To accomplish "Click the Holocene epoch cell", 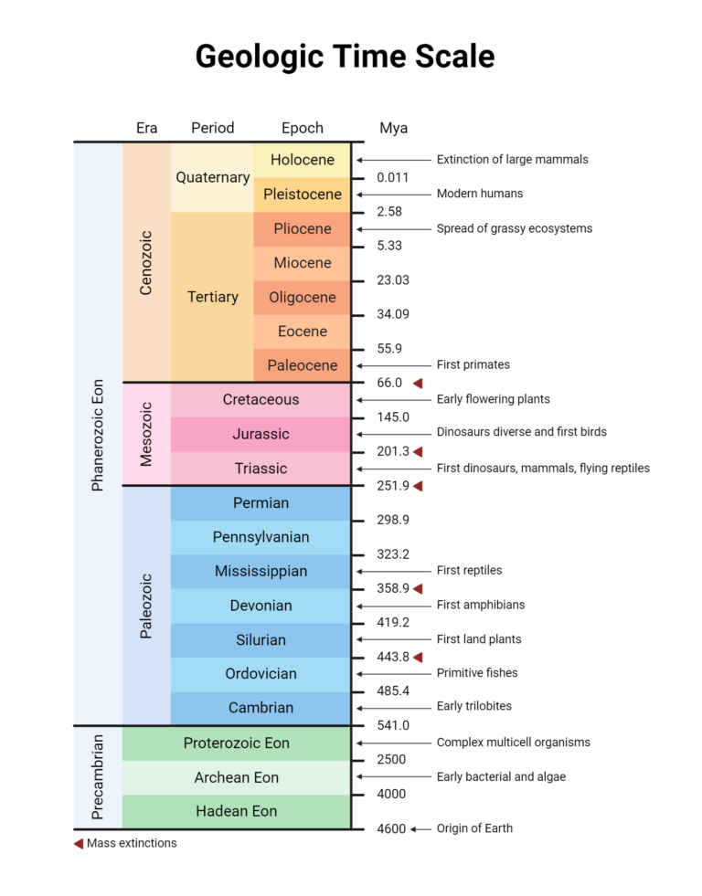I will (303, 160).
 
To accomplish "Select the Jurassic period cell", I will (261, 434).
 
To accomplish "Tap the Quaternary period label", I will (212, 177).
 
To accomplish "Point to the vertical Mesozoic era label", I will (146, 434).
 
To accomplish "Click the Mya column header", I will (393, 128).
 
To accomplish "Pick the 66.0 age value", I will (389, 383).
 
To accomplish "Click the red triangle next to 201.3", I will (418, 452).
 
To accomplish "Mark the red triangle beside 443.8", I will (418, 658).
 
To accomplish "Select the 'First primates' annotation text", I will (473, 364).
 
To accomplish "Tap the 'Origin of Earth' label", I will (474, 828).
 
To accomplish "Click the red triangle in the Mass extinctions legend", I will (79, 843).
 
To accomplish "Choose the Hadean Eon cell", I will (236, 811).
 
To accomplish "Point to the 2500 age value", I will (391, 760).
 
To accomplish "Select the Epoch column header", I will (303, 128).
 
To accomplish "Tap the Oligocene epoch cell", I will (303, 297).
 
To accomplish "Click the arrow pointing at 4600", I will (420, 829).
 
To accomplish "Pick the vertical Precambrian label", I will (99, 776).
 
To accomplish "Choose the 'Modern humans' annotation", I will (480, 194).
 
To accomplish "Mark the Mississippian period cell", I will (261, 571).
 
